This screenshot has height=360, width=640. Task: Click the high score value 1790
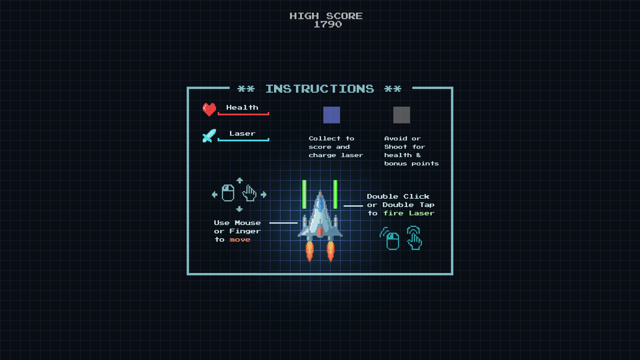click(328, 24)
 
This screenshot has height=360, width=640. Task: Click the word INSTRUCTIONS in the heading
click(320, 89)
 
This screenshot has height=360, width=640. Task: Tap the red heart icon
click(209, 109)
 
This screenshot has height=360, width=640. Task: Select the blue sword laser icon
click(209, 136)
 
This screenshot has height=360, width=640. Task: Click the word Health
click(242, 107)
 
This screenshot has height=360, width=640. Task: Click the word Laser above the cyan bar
click(242, 133)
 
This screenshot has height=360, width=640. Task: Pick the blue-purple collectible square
click(332, 115)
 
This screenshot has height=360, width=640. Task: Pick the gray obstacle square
click(402, 115)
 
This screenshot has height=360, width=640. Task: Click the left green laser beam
click(304, 194)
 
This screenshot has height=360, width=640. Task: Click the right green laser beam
click(335, 194)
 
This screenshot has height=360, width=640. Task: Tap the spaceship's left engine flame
click(310, 252)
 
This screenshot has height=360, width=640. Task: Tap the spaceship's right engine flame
click(330, 252)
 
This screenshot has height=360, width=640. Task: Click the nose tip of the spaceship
click(320, 193)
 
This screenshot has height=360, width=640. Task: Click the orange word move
click(240, 240)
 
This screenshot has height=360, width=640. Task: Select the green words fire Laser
click(409, 213)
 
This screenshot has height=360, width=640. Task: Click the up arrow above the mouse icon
click(239, 181)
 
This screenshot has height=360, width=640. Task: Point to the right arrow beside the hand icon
click(264, 195)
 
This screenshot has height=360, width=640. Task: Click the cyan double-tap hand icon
click(414, 238)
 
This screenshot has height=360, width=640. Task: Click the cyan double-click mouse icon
click(391, 239)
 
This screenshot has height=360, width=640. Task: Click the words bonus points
click(411, 163)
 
